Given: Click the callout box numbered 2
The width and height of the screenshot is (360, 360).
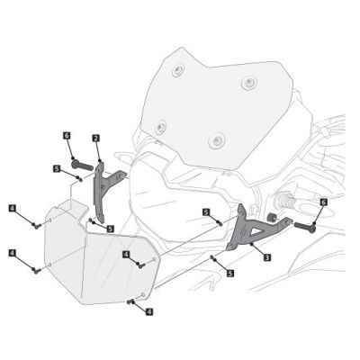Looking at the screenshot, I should [95, 138].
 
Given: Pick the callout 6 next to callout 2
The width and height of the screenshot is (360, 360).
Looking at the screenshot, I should [67, 135].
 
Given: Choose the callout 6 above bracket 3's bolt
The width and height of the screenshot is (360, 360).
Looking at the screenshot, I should [323, 203].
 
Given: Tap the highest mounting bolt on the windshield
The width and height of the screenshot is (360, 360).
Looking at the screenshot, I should [180, 69].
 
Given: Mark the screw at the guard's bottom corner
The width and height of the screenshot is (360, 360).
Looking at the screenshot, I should [132, 301].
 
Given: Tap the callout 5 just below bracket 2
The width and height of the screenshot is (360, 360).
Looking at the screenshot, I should [109, 229].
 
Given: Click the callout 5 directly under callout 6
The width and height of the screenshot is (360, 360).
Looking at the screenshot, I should [56, 167].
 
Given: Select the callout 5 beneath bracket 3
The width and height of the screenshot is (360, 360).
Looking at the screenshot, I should [230, 272].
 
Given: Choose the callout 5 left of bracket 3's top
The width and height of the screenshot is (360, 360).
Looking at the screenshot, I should [206, 211].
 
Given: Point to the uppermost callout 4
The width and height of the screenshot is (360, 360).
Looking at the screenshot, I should [12, 208].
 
